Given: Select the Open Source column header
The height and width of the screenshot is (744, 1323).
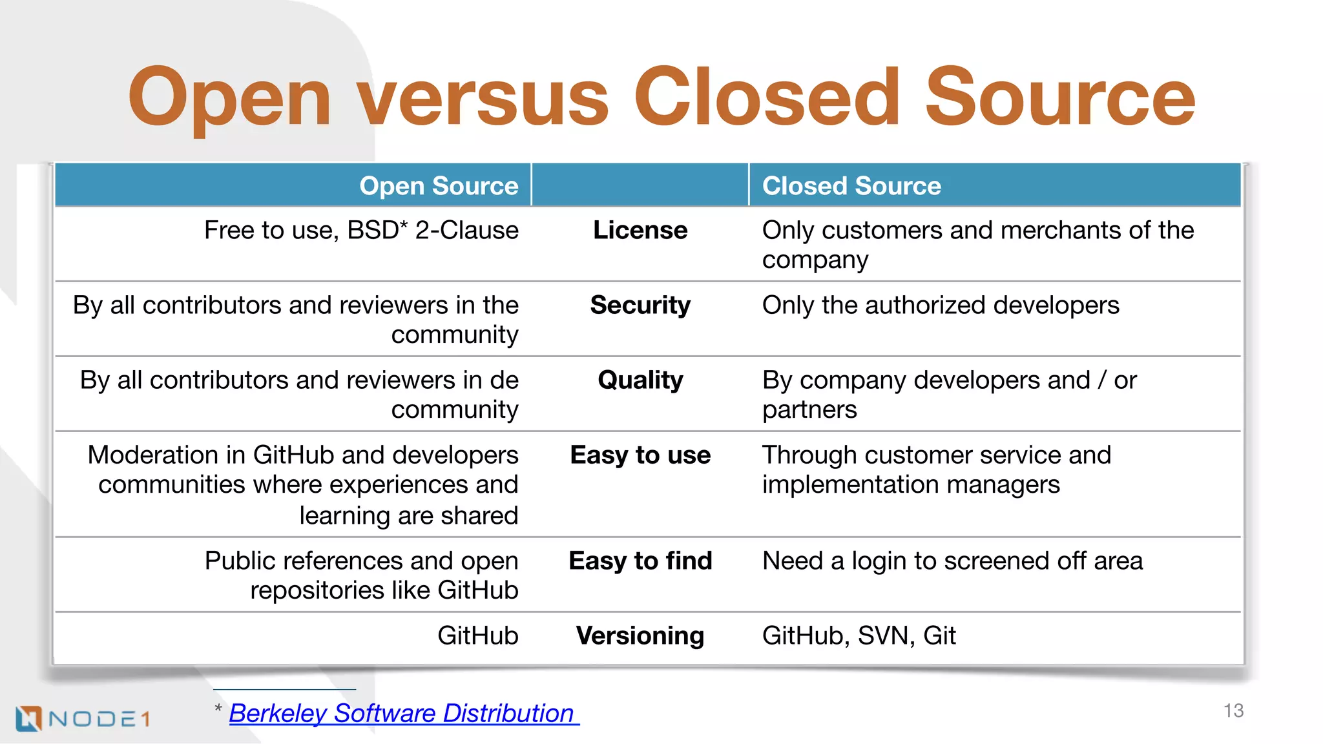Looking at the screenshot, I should pyautogui.click(x=439, y=186).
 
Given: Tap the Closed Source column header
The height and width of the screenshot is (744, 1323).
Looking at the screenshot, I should pyautogui.click(x=851, y=186).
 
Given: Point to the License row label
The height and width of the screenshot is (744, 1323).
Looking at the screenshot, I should pyautogui.click(x=640, y=231).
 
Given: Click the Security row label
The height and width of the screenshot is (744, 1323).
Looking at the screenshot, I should pyautogui.click(x=640, y=305).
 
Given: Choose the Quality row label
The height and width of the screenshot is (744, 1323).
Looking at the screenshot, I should pyautogui.click(x=640, y=380).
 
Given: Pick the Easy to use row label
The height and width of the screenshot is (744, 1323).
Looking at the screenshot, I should pyautogui.click(x=640, y=455).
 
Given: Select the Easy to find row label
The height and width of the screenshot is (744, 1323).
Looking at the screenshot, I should pyautogui.click(x=640, y=561).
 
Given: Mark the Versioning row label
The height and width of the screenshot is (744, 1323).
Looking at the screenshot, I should pyautogui.click(x=640, y=635).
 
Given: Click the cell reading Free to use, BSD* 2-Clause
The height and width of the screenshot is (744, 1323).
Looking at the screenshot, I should pyautogui.click(x=361, y=231).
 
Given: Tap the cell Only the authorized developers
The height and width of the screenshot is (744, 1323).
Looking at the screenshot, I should pyautogui.click(x=941, y=305).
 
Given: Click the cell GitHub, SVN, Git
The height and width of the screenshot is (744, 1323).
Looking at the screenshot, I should pyautogui.click(x=859, y=635).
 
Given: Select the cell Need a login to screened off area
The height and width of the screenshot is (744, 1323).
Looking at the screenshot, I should pyautogui.click(x=952, y=561).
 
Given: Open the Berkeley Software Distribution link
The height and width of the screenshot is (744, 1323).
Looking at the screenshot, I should pyautogui.click(x=401, y=714).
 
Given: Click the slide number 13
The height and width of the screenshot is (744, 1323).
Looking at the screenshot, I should pyautogui.click(x=1233, y=711).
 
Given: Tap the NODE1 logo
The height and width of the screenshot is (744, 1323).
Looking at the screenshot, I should pyautogui.click(x=83, y=718).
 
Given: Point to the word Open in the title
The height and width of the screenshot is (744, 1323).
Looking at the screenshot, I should pyautogui.click(x=229, y=98).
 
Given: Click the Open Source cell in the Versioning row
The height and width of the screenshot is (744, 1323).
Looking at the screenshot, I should pyautogui.click(x=477, y=635).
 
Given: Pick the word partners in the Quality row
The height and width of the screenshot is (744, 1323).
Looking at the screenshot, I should pyautogui.click(x=809, y=410).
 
